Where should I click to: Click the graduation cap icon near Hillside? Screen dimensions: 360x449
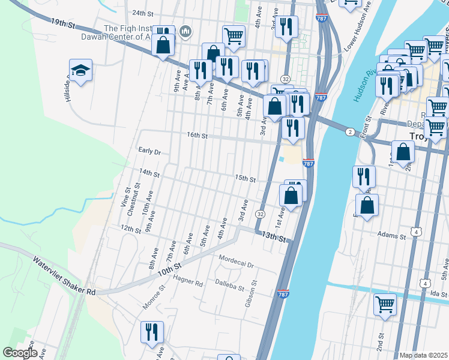(80, 71)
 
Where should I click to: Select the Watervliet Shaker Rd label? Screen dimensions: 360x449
(64, 277)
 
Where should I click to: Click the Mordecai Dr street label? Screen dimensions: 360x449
(237, 264)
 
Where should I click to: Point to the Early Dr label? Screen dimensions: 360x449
(149, 152)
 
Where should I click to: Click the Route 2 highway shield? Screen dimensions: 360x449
(349, 131)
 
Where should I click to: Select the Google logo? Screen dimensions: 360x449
(20, 353)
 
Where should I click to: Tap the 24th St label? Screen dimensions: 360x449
(143, 13)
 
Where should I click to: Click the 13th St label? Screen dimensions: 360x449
(273, 237)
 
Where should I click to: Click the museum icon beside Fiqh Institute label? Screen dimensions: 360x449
(186, 31)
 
